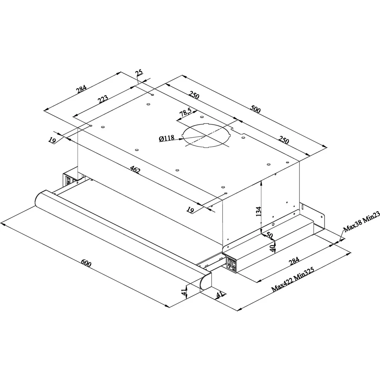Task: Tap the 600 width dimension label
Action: click(x=86, y=263)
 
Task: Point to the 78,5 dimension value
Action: click(x=186, y=112)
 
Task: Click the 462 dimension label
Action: click(x=135, y=169)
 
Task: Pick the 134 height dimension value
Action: click(x=259, y=211)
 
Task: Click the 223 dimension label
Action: click(x=103, y=99)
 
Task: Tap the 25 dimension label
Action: click(x=140, y=73)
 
